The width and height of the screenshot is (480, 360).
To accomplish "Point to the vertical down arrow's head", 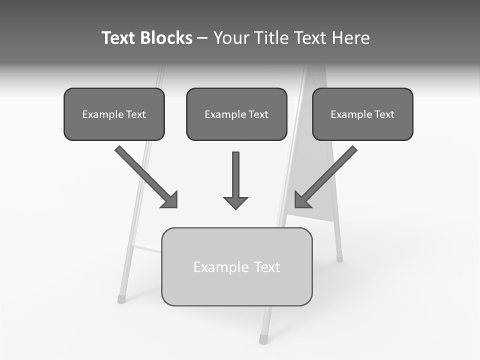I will (235, 202).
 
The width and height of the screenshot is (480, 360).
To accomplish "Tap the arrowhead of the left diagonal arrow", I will (170, 200).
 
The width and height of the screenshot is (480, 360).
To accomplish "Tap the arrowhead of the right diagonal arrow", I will (301, 200).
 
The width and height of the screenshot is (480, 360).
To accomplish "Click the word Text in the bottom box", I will (267, 267).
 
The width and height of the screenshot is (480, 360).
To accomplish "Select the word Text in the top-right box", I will (384, 114).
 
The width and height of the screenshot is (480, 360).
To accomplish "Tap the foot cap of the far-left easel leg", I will (121, 299).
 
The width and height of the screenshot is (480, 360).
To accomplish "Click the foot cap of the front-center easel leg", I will (263, 340).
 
